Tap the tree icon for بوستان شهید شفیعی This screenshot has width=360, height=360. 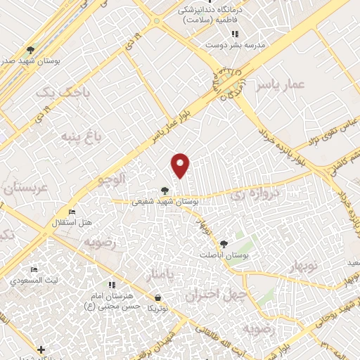165,190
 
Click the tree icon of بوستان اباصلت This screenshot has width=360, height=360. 224,244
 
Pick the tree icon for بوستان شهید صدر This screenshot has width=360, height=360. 30,50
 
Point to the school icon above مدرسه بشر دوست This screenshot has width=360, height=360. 235,34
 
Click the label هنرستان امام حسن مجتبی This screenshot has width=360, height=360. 112,301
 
